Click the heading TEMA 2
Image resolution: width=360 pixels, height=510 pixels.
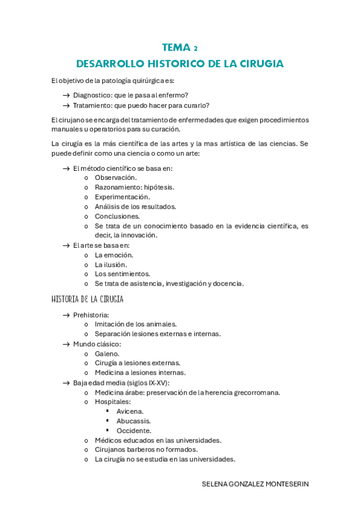click(x=180, y=48)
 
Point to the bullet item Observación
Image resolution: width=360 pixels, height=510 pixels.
click(x=115, y=177)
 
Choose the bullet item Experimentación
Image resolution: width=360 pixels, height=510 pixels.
click(x=123, y=197)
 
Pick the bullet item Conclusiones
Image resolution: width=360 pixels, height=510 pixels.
click(x=117, y=216)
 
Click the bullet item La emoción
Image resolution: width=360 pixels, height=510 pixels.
click(x=114, y=254)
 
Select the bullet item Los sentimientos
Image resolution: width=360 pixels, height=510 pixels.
click(x=123, y=274)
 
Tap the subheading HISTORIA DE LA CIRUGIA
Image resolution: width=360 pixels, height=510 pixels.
click(x=88, y=299)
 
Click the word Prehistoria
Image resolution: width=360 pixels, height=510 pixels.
click(x=91, y=315)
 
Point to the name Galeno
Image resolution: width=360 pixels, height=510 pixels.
click(x=107, y=354)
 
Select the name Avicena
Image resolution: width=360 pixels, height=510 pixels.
click(x=130, y=411)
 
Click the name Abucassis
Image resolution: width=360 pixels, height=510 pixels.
click(x=133, y=421)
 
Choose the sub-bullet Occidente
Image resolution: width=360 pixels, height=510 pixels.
click(x=134, y=431)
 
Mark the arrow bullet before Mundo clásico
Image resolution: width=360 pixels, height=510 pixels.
click(x=66, y=344)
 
